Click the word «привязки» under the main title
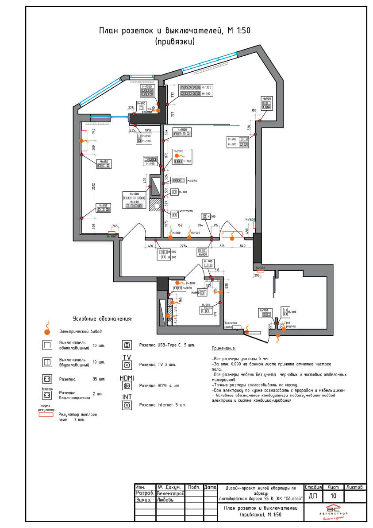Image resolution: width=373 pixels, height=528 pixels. (x=175, y=41)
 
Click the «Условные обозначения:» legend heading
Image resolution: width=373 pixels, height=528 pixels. (x=102, y=318)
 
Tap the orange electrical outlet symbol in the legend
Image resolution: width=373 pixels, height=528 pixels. (x=46, y=330)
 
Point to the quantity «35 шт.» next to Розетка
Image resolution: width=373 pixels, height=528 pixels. (x=100, y=379)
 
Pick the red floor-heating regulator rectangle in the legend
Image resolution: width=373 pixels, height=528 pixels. (x=46, y=415)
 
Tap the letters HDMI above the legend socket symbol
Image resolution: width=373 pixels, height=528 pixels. (x=127, y=378)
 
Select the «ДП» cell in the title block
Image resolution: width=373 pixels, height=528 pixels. (x=313, y=496)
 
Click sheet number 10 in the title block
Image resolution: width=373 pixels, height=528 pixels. (x=333, y=496)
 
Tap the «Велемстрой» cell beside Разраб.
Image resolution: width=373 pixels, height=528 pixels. (x=171, y=493)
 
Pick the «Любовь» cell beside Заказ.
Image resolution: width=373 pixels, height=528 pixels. (x=166, y=499)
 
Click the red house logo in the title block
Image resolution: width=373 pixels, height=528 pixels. (x=333, y=508)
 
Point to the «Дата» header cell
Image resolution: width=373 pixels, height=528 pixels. (x=211, y=487)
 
